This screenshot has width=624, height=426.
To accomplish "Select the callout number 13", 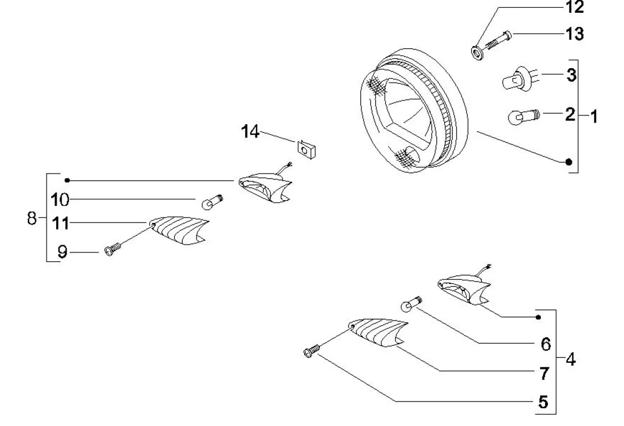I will [575, 34].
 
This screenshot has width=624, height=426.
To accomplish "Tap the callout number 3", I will [571, 76].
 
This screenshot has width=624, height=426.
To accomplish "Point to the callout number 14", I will [250, 132].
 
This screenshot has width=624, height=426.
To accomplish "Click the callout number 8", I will [32, 217].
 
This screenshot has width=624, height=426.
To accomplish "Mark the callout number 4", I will [570, 359].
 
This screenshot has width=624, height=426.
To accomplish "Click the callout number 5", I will [544, 401].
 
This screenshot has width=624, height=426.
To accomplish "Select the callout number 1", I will [593, 116].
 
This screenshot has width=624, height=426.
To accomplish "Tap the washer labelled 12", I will [476, 54].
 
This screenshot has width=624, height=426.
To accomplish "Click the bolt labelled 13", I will [497, 40].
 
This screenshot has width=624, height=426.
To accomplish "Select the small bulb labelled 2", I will [520, 117].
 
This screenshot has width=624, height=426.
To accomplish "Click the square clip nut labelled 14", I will [305, 149].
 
